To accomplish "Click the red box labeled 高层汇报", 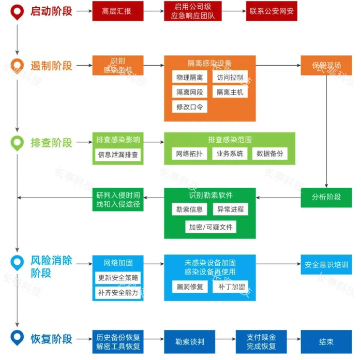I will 117,11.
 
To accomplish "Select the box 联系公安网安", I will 272,11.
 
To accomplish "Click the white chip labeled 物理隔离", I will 189,78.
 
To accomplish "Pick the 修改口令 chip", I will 189,107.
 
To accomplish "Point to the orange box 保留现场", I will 326,66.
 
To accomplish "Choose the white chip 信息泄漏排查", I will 118,154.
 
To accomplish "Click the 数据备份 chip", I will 269,154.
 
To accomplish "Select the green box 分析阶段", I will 326,198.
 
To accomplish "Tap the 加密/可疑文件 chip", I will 210,227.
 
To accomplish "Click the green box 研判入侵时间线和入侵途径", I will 118,200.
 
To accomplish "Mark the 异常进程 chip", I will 230,209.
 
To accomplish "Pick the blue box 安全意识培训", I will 326,265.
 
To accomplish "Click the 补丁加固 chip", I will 230,286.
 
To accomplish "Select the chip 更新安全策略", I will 118,278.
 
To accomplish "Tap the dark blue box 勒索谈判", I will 189,341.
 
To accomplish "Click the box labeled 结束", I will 326,341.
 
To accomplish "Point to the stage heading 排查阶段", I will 51,143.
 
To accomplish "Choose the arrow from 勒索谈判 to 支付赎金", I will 225,341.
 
